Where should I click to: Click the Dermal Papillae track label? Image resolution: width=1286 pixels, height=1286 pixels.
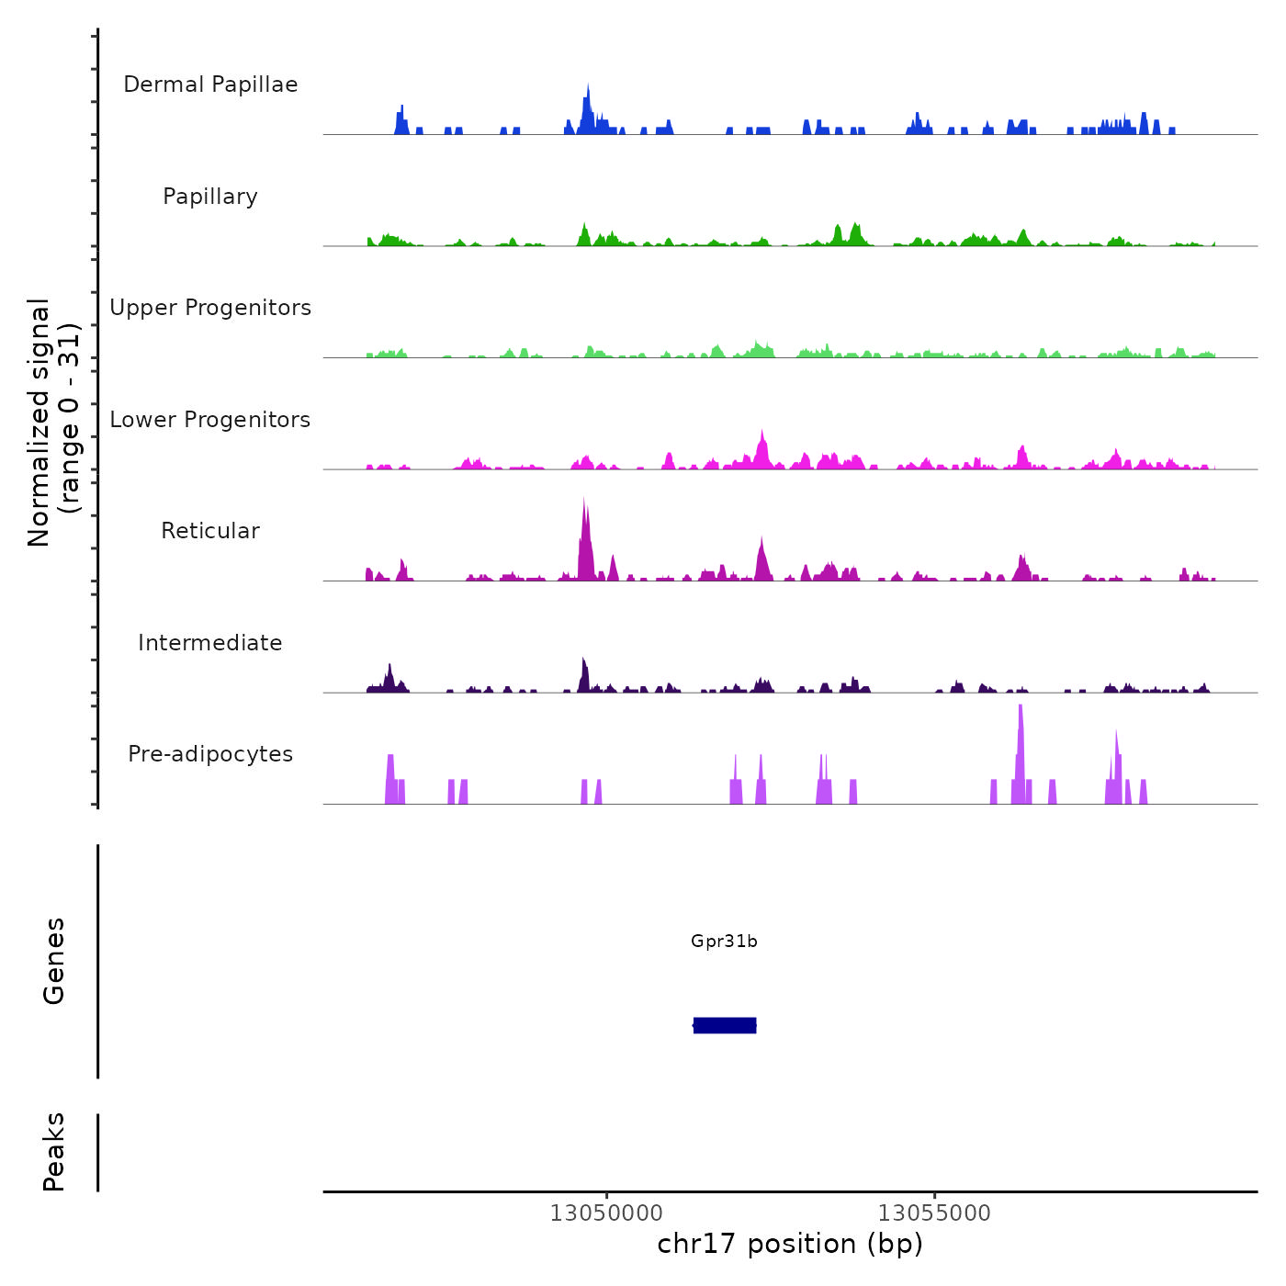coord(210,85)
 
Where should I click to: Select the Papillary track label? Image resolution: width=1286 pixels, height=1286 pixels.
coord(210,197)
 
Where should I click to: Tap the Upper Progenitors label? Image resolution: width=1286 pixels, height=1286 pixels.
coord(210,308)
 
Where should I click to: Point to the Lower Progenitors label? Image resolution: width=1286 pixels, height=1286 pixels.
coord(210,420)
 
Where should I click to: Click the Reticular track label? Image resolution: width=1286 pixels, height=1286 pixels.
coord(210,531)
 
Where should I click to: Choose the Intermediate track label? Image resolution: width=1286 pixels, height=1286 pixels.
coord(210,643)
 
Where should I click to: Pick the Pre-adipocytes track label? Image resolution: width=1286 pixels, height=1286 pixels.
coord(210,754)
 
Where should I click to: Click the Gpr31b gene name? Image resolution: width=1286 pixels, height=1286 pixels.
coord(724,942)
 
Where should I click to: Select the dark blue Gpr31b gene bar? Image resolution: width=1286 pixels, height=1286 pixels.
coord(725,1025)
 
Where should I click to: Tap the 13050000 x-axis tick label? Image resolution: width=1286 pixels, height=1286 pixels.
coord(606,1213)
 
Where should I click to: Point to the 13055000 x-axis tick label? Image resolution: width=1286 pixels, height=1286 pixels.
coord(934,1213)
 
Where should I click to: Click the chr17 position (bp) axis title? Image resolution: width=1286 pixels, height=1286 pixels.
coord(790,1244)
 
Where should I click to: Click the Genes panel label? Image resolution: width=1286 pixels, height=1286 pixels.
coord(54,961)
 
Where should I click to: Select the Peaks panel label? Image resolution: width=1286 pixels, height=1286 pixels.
coord(54,1152)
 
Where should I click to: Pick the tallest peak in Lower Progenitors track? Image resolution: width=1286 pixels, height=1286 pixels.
coord(761,437)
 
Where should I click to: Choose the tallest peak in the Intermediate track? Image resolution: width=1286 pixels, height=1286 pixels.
coord(582,663)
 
